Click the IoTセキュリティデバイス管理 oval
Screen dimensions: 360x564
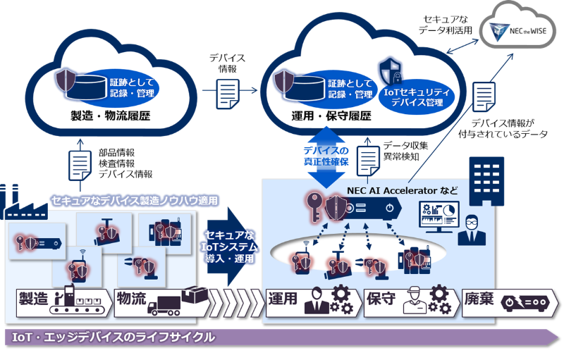[417, 96]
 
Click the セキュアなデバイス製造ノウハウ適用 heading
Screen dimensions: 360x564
[135, 201]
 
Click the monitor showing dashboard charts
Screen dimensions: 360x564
[439, 214]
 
